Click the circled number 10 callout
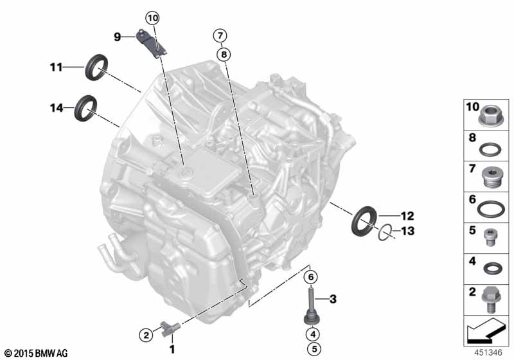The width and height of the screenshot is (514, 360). coord(153,18)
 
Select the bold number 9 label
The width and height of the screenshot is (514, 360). coord(118,37)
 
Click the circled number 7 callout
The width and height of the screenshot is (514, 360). coord(220,35)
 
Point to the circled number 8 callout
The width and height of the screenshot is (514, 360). coord(224,54)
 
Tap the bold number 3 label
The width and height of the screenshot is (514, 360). coord(333,299)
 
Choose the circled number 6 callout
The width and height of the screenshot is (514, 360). coord(311,277)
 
